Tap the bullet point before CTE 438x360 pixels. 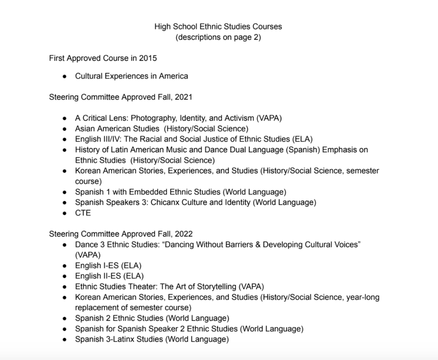65,213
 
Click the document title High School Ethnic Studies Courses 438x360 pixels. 218,27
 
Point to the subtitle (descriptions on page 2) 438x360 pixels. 218,37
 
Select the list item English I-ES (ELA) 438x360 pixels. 108,265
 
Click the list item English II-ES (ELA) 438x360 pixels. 109,276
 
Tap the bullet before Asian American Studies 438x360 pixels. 65,128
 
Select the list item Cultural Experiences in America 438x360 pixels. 131,76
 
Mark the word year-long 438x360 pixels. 363,297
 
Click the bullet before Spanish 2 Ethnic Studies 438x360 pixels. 65,318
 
